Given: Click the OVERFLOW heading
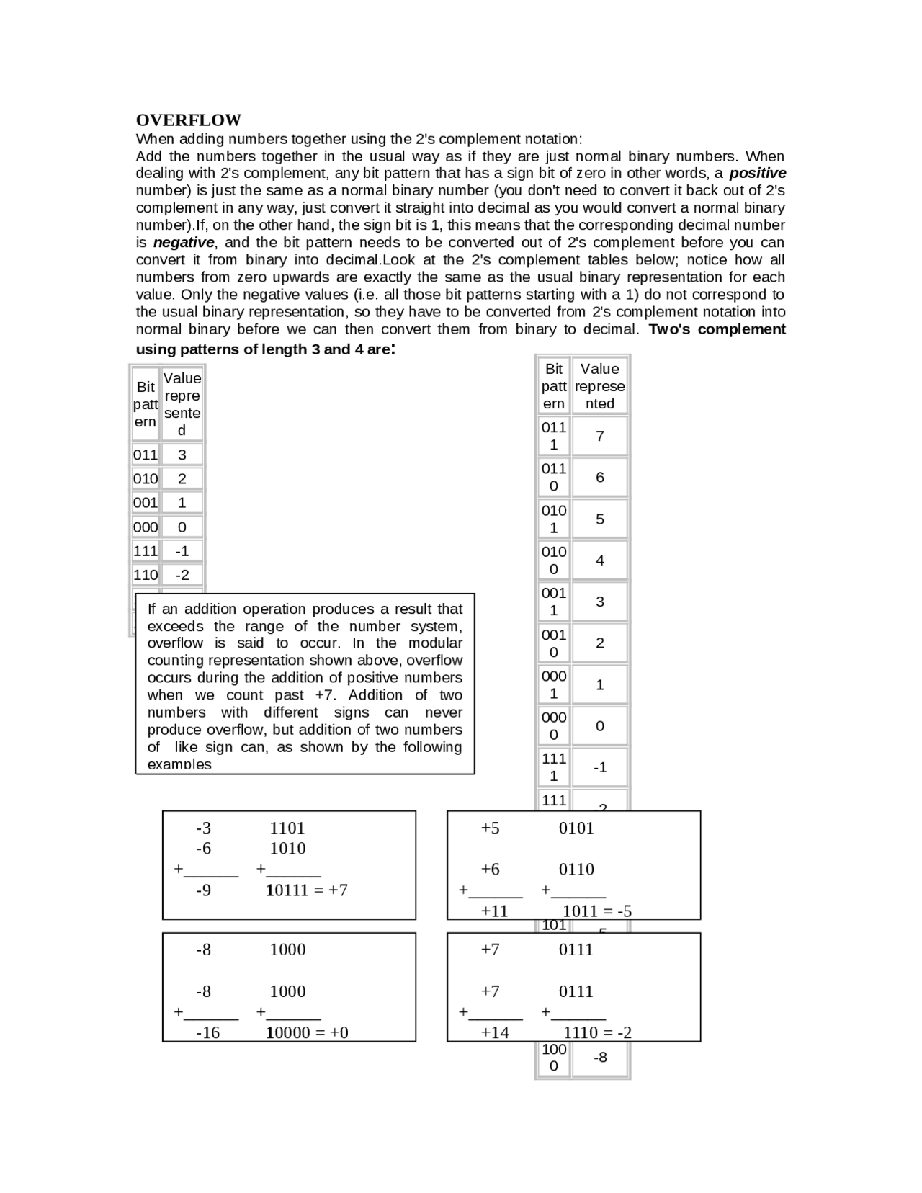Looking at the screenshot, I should pyautogui.click(x=189, y=120).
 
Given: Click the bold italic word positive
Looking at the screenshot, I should pyautogui.click(x=757, y=173).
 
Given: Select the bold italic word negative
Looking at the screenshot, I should pyautogui.click(x=184, y=243).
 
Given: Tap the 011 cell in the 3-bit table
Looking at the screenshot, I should pyautogui.click(x=146, y=455).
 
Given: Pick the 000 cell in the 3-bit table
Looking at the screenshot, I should pyautogui.click(x=146, y=527).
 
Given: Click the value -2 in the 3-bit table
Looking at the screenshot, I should pyautogui.click(x=182, y=575).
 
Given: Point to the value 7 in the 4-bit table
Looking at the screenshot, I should pyautogui.click(x=599, y=436).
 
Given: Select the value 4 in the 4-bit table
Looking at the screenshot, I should pyautogui.click(x=599, y=560).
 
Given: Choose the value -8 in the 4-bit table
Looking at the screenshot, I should pyautogui.click(x=600, y=1057).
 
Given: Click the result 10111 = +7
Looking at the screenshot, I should pyautogui.click(x=307, y=890).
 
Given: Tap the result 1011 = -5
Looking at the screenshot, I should pyautogui.click(x=597, y=911).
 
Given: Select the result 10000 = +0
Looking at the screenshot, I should pyautogui.click(x=307, y=1032).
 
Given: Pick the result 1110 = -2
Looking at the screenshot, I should pyautogui.click(x=597, y=1032).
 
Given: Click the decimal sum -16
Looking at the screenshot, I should pyautogui.click(x=207, y=1032).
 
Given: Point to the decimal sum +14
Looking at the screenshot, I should pyautogui.click(x=495, y=1032).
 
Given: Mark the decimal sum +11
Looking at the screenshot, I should pyautogui.click(x=495, y=911).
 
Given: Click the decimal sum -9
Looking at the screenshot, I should pyautogui.click(x=204, y=890).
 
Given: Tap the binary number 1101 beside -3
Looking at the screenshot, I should pyautogui.click(x=287, y=828).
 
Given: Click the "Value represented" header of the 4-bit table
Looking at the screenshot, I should pyautogui.click(x=599, y=386).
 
